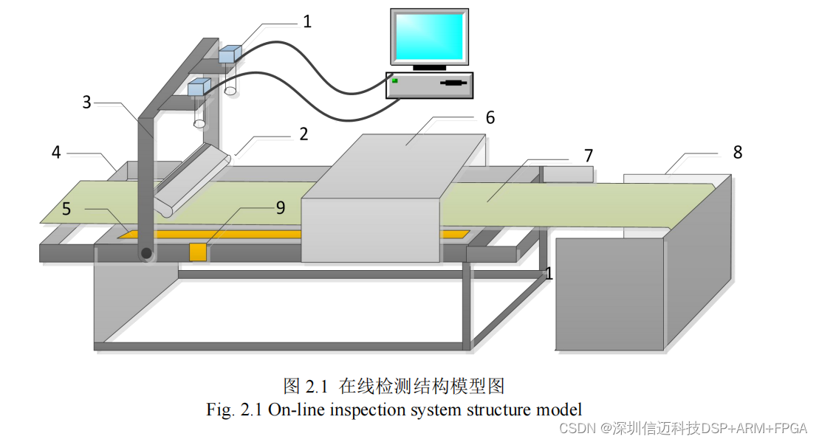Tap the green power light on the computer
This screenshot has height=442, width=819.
(x=396, y=80)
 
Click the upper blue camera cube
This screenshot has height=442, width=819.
(x=230, y=53)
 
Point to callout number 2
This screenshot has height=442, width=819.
(x=303, y=134)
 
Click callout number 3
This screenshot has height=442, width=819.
(x=86, y=103)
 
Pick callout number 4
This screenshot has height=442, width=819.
(x=56, y=153)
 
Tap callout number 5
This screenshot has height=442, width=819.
(x=66, y=209)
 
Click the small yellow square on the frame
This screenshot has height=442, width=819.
(x=197, y=252)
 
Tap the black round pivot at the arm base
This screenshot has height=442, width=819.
(x=146, y=253)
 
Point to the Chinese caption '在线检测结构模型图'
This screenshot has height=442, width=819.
(x=421, y=386)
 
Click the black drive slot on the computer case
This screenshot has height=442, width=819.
(x=453, y=83)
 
